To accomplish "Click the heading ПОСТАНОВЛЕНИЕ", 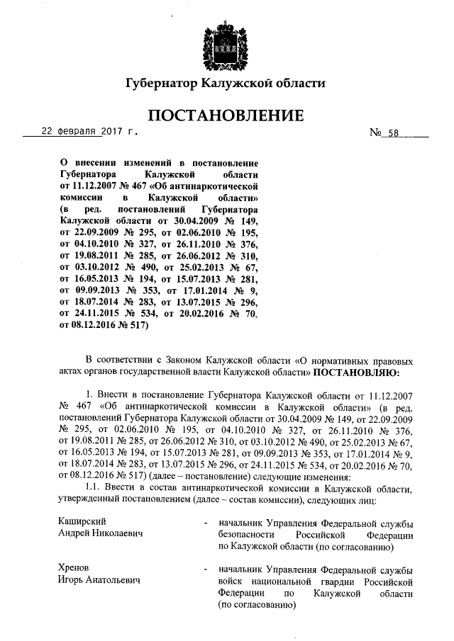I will click(226, 115).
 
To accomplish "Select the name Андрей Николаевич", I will click(100, 533).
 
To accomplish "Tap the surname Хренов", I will click(74, 569).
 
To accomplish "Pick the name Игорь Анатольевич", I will click(99, 580).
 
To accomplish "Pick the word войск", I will click(232, 581).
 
